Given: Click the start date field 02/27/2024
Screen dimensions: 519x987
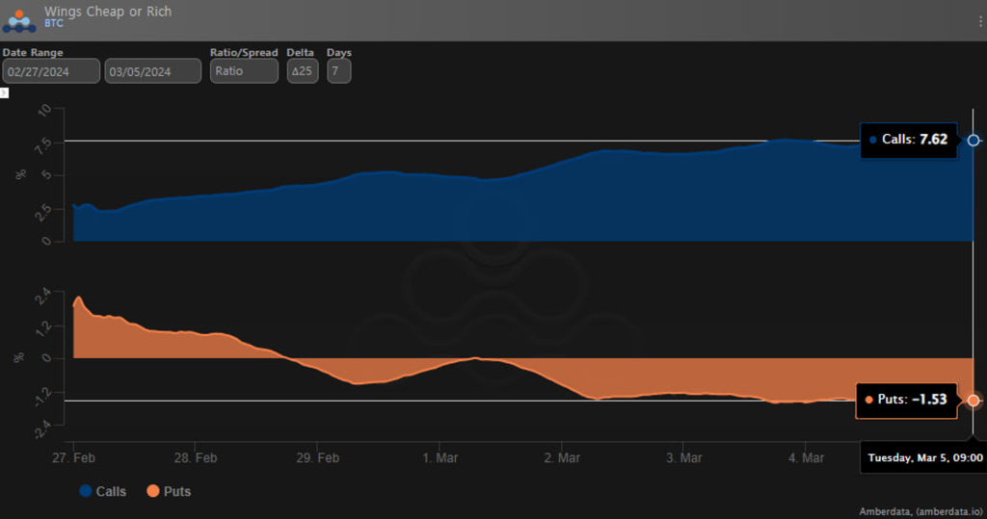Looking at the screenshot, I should (x=51, y=70).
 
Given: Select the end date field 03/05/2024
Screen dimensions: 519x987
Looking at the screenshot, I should (x=152, y=70).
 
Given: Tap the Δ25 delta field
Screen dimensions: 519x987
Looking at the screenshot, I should (x=303, y=70).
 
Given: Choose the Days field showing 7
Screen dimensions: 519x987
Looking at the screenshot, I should (x=338, y=70).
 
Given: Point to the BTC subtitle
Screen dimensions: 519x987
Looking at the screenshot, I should (x=54, y=23).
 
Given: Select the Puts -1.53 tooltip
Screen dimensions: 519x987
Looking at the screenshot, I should (x=905, y=400).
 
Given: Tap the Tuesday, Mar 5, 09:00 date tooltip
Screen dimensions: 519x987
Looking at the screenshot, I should (x=924, y=457).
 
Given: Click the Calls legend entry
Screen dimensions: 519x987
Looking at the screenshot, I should (x=103, y=491).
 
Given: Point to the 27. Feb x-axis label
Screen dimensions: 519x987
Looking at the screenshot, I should (x=73, y=456).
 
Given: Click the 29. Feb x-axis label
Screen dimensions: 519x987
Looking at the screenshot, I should (x=317, y=456).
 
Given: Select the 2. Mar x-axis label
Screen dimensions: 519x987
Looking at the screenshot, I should (x=561, y=456).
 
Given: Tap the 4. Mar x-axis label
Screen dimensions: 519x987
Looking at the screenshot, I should (x=804, y=456).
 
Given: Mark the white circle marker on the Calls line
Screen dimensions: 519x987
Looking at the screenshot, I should (x=974, y=141).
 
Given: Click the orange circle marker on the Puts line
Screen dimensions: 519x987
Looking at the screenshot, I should (x=974, y=400).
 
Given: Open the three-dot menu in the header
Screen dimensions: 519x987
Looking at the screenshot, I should (x=980, y=20).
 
